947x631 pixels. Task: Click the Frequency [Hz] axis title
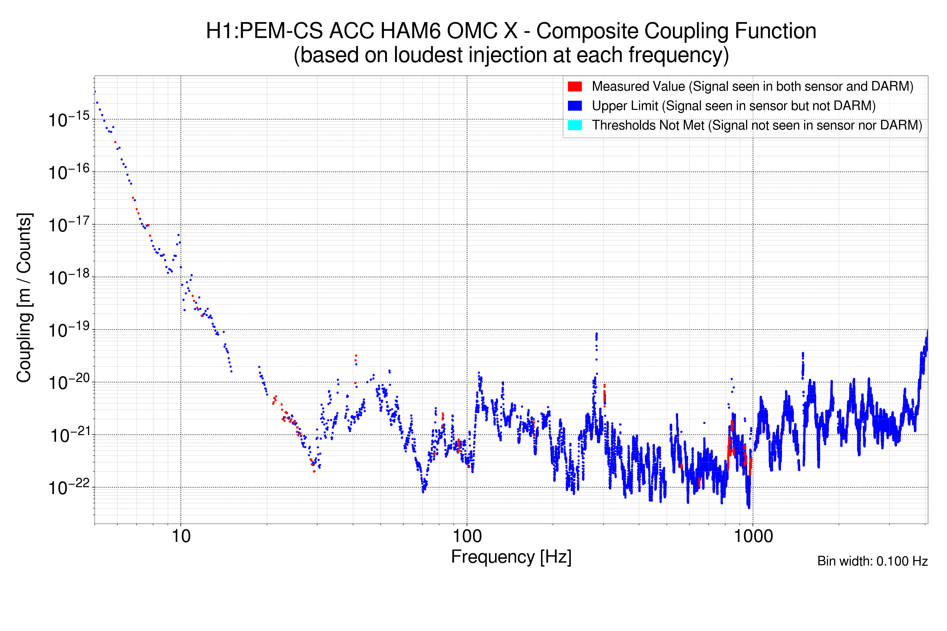[511, 557]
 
